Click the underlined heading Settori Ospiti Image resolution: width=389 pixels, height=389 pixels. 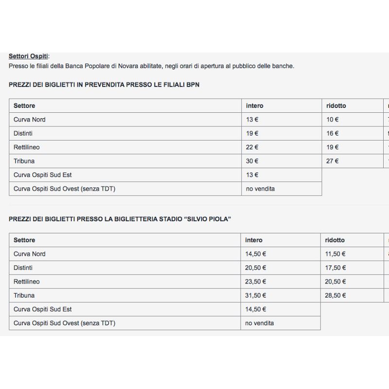(28, 56)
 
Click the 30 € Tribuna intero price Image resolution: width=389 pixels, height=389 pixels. (252, 161)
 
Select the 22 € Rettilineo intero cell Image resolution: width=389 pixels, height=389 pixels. (252, 147)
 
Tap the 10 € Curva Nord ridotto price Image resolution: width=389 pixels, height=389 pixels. (333, 120)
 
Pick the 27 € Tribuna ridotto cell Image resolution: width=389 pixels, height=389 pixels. (333, 161)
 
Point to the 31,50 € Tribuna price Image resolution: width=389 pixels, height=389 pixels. (255, 295)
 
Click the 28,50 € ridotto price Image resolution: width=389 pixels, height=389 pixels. (336, 295)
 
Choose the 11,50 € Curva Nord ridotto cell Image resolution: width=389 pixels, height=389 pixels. (336, 254)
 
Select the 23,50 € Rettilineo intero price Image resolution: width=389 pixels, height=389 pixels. (255, 282)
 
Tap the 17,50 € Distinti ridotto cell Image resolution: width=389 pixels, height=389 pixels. (336, 267)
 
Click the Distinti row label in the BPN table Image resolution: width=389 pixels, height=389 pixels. (23, 133)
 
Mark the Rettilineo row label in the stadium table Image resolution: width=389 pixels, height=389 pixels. (27, 282)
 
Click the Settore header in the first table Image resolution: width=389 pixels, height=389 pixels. (24, 106)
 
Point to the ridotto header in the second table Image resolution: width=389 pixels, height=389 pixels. (335, 240)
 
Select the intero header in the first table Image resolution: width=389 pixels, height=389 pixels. (254, 106)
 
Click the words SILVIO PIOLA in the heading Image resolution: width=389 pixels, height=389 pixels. (206, 219)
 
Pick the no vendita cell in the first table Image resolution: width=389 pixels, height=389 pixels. (260, 189)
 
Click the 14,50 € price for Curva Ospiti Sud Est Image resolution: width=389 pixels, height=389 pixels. (255, 309)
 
